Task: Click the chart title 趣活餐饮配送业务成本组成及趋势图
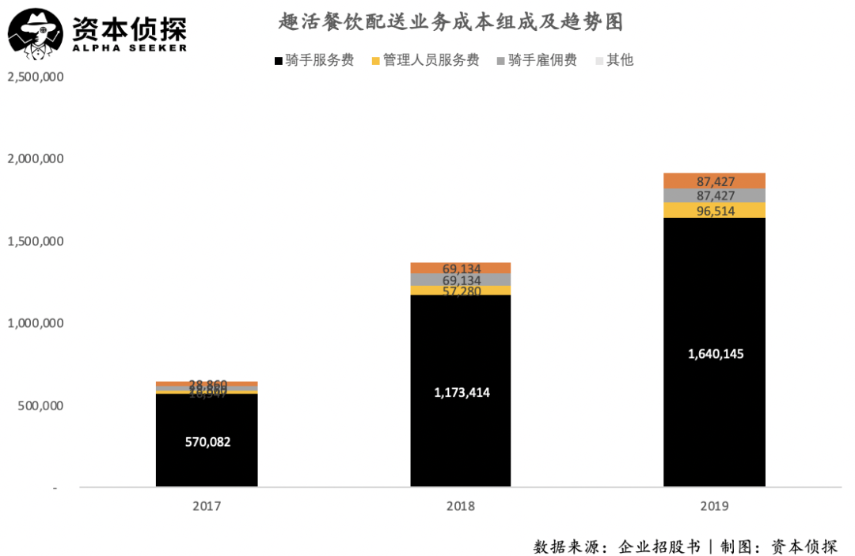point(451,22)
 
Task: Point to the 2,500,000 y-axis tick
point(35,78)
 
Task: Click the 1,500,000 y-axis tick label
point(35,242)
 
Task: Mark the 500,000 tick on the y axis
point(40,406)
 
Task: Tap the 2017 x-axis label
point(207,505)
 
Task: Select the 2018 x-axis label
point(461,505)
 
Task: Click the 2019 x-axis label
point(714,505)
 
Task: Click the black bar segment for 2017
point(207,467)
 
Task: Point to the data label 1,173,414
point(462,392)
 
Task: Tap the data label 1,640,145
point(715,353)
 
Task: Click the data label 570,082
point(207,442)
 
